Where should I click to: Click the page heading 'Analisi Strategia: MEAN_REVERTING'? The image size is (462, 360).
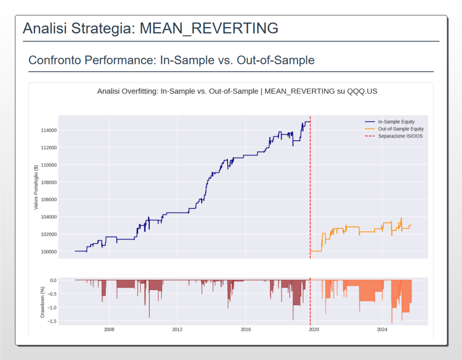(150, 28)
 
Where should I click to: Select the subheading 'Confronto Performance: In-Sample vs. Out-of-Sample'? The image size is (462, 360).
(171, 60)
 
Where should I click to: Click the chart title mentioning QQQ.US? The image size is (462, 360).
(237, 91)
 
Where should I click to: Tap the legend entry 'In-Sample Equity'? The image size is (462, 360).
(396, 122)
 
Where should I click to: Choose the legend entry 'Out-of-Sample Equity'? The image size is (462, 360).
(401, 129)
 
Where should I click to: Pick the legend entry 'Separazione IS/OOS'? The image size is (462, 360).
(400, 136)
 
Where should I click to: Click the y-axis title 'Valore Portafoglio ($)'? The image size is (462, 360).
(36, 187)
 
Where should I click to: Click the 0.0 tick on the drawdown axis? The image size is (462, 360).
(52, 280)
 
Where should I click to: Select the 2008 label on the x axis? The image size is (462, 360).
(109, 329)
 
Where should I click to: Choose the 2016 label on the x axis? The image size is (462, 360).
(245, 329)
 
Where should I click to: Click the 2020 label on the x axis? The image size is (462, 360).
(314, 329)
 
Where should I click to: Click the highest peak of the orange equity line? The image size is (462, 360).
(401, 218)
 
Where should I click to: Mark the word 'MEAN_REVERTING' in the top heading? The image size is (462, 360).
(209, 28)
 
